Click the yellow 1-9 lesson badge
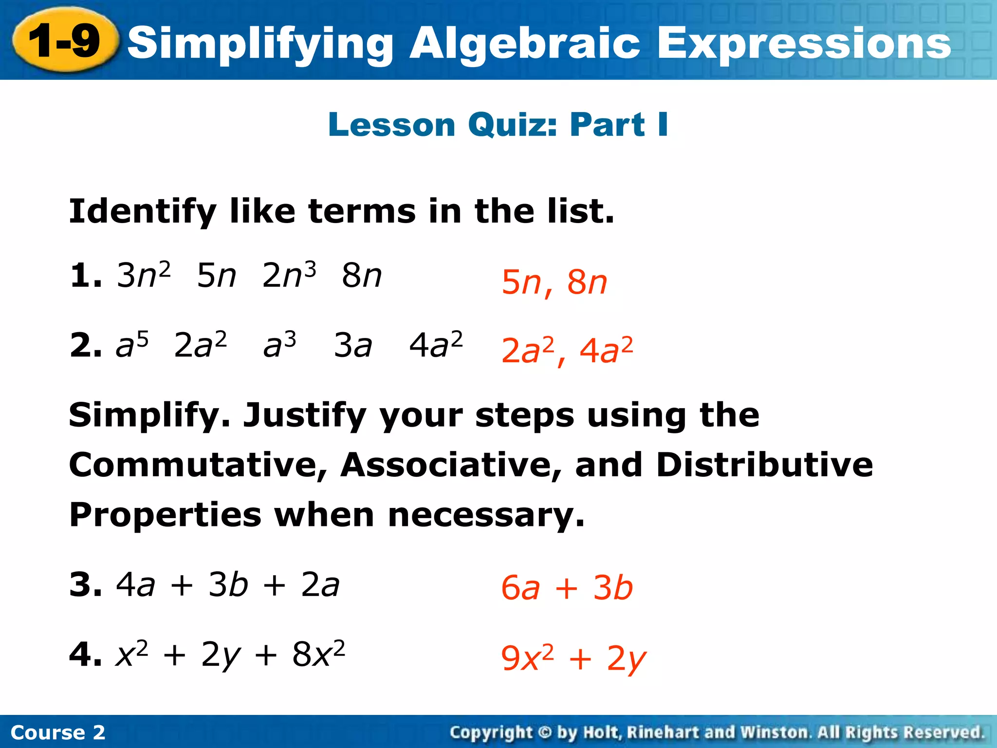[65, 41]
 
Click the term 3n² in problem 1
[144, 275]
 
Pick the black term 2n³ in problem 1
[289, 275]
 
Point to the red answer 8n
[587, 282]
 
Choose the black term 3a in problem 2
[353, 345]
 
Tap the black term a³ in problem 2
[279, 345]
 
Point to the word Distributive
[764, 465]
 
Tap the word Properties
[165, 515]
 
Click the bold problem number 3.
[85, 584]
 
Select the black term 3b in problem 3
[228, 584]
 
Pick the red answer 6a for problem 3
[520, 588]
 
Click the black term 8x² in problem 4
[318, 654]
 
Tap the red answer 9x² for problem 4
[527, 658]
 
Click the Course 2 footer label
[57, 732]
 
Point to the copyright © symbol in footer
[545, 732]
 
